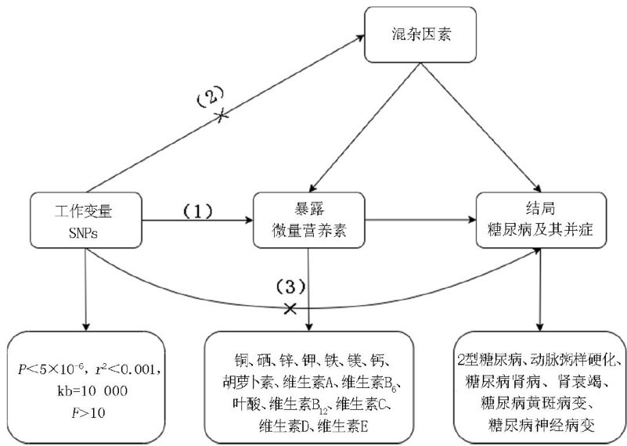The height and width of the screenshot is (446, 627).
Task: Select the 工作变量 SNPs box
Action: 85,222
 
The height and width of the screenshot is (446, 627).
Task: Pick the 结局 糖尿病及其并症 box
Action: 539,222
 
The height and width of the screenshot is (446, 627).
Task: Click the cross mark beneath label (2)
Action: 222,115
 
